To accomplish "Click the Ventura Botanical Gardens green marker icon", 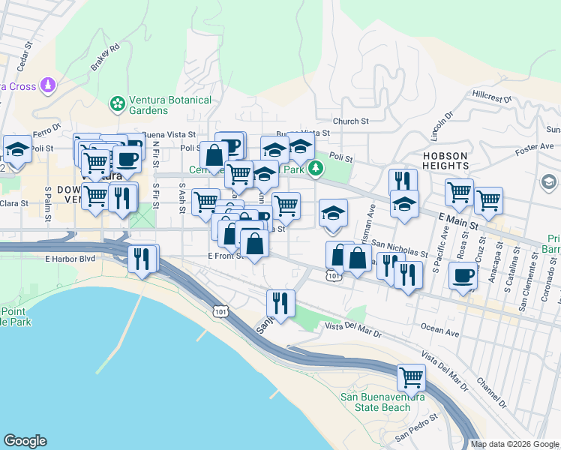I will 118,103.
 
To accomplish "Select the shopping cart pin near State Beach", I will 411,376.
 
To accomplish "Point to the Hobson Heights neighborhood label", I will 445,161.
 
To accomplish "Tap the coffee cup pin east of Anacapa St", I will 463,276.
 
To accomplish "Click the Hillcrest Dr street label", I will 491,97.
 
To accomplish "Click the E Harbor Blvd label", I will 71,259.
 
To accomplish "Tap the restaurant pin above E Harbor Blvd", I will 142,259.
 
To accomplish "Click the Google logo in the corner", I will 25,441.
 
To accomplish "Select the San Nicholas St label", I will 400,248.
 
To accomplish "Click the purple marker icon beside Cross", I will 49,85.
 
